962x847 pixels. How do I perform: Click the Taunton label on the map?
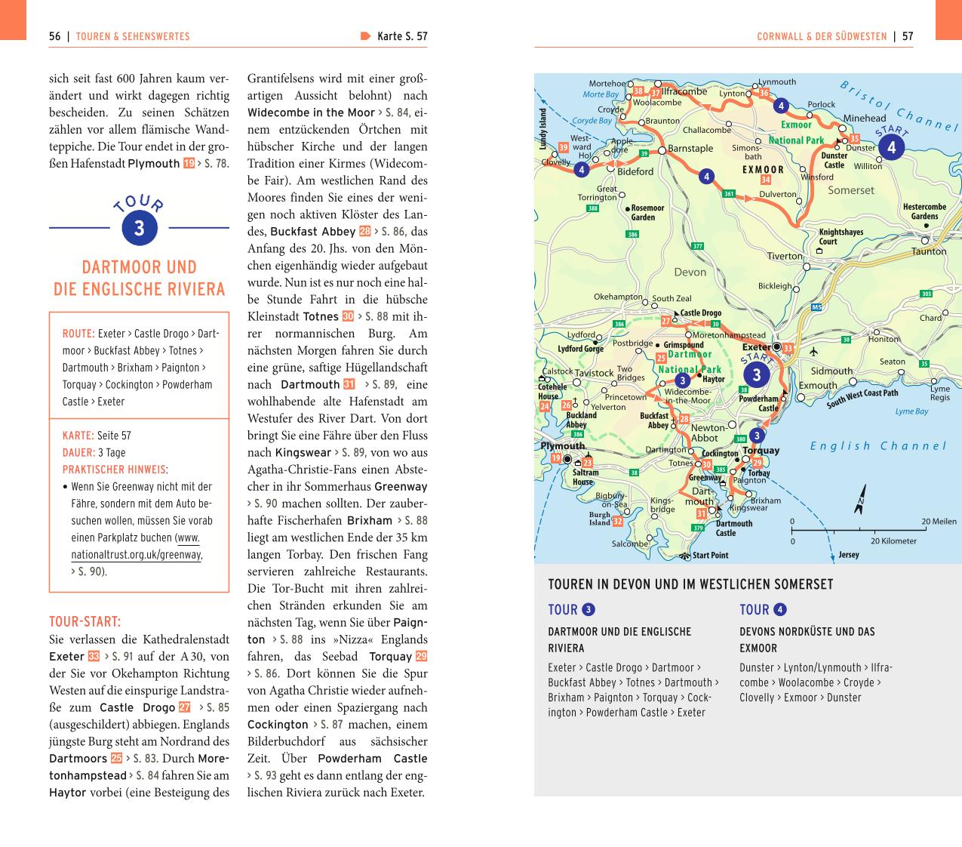click(x=928, y=251)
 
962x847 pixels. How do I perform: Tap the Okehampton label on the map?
click(x=617, y=297)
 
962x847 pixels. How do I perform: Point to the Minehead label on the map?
click(x=864, y=119)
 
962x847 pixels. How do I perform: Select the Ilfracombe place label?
click(x=684, y=92)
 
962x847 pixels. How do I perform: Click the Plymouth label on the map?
click(x=563, y=446)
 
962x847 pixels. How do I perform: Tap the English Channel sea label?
click(x=877, y=446)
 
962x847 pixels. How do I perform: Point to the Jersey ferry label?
click(x=848, y=555)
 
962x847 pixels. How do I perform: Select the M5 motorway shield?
click(x=816, y=307)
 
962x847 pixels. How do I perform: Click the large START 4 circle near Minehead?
click(x=891, y=148)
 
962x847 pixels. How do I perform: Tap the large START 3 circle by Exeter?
click(x=756, y=374)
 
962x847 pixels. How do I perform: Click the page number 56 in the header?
click(x=54, y=36)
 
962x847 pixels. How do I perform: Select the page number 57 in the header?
click(x=908, y=36)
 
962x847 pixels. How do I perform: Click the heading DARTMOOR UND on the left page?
click(x=139, y=267)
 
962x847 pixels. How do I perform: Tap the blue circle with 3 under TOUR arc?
click(x=139, y=229)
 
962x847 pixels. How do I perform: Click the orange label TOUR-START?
click(x=85, y=622)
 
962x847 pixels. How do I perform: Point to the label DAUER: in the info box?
click(x=78, y=453)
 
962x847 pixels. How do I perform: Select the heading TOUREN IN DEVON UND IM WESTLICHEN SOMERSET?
click(x=690, y=584)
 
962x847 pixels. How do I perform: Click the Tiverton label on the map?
click(x=785, y=256)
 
